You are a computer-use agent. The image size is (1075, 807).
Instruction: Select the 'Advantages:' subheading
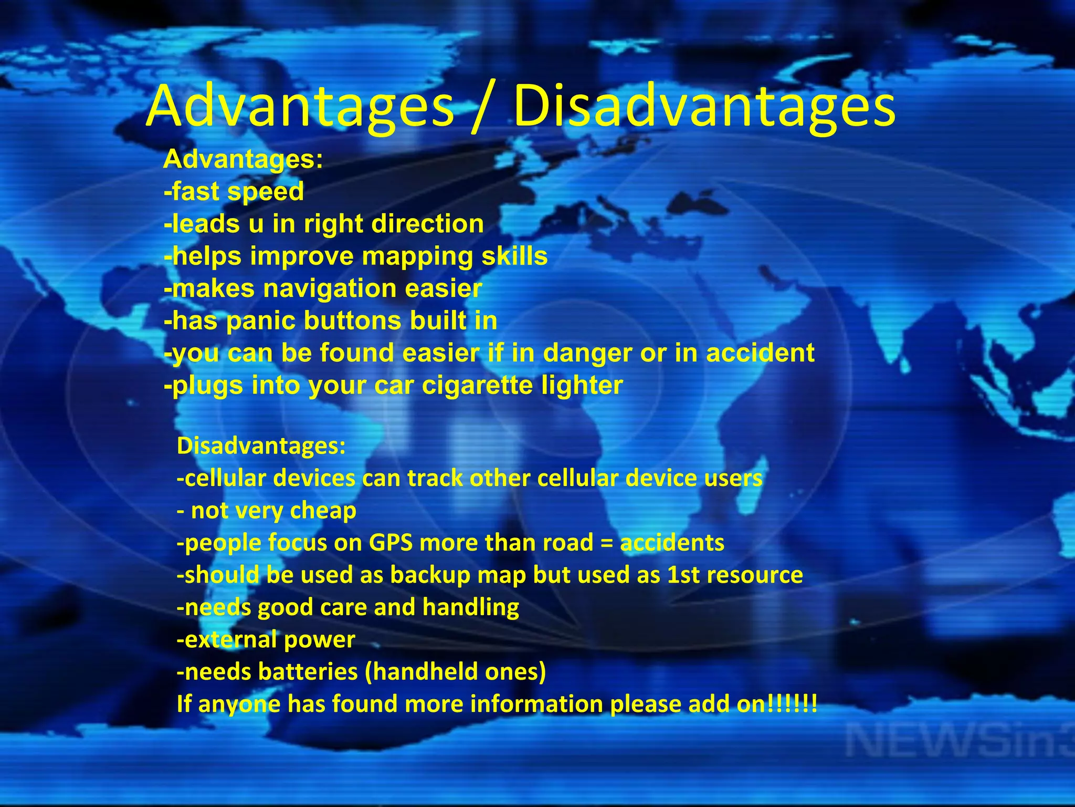pos(243,159)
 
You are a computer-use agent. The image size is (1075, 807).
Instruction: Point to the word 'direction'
pos(427,224)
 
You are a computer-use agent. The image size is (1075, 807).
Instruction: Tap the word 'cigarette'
pos(477,386)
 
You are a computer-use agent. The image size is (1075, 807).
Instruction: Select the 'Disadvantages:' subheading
pos(261,446)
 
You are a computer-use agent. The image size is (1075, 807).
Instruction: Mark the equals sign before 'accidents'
pos(606,543)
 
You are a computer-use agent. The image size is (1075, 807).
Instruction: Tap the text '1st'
pos(683,575)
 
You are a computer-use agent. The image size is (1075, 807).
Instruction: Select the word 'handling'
pos(470,607)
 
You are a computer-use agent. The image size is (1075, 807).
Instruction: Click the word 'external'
pos(230,640)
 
